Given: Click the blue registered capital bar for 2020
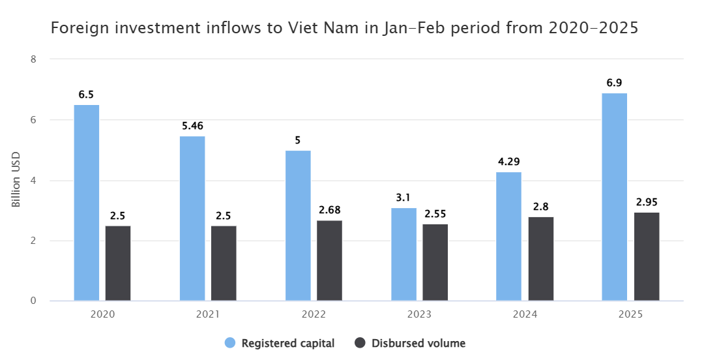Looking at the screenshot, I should point(87,203).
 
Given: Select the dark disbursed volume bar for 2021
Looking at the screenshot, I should point(224,263).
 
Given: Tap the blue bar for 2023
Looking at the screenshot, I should point(403,254).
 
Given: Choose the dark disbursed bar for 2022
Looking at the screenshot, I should point(329,261).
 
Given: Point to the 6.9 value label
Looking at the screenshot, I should point(614,83).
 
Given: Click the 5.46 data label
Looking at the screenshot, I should point(192,126).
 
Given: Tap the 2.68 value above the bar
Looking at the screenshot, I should point(329,210).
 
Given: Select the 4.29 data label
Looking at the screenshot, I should point(508,162).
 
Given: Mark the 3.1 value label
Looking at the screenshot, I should point(403,198).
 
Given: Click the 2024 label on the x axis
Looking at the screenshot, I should point(525,314).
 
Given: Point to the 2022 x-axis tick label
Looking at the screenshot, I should point(314,314).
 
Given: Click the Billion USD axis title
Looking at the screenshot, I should point(16,181).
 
